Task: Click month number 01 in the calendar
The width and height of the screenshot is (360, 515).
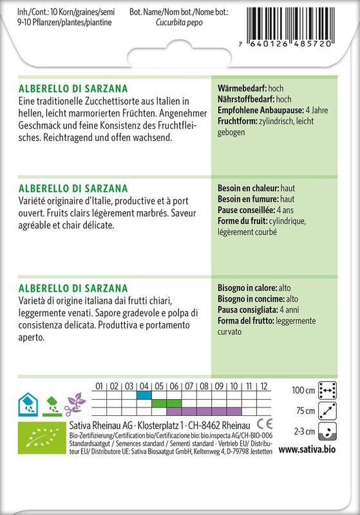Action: tap(99, 386)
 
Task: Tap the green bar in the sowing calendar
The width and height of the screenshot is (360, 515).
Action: tap(166, 403)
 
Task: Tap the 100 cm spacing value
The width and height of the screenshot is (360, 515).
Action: tap(303, 391)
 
